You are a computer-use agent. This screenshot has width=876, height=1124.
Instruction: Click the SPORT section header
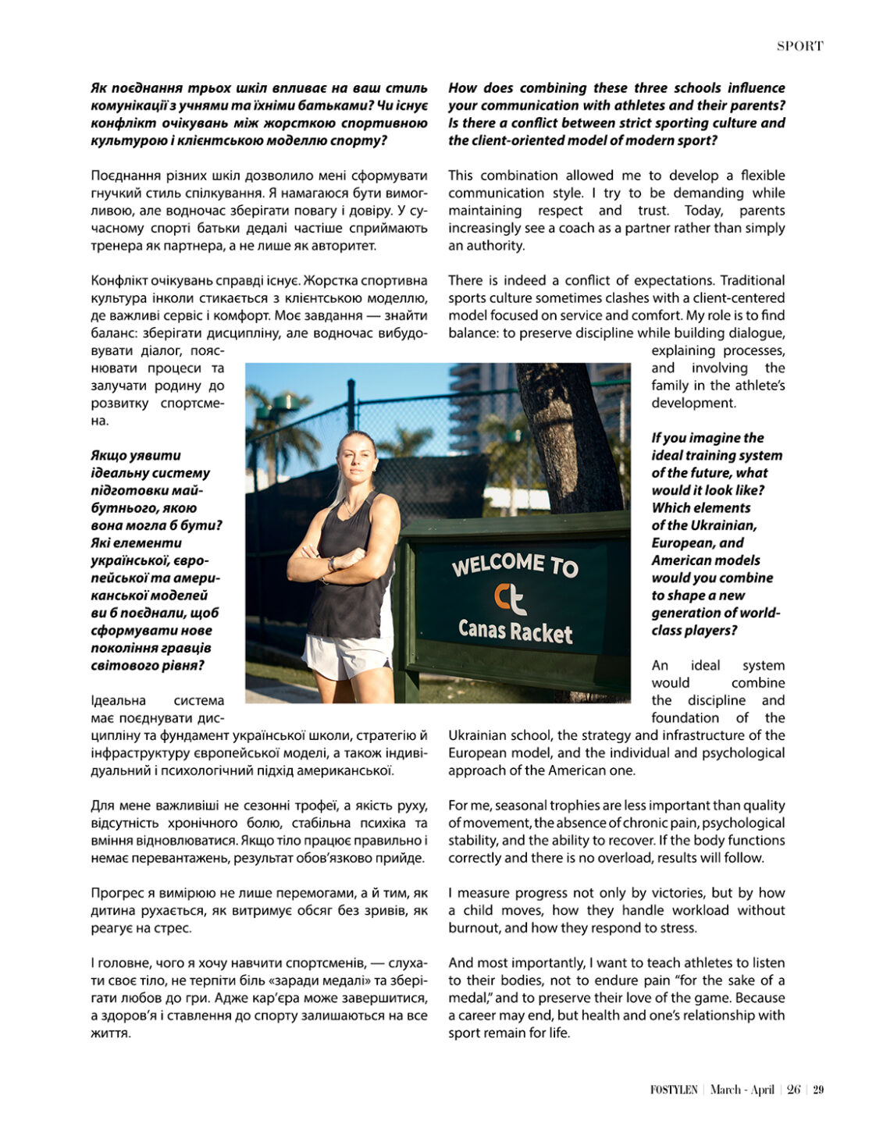(799, 46)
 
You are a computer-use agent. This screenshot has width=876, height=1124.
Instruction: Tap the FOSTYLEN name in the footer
(674, 1090)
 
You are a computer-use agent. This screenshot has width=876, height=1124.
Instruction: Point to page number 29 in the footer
(818, 1090)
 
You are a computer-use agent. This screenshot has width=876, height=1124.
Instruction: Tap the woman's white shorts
(347, 654)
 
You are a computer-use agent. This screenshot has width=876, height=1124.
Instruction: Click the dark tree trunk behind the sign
(574, 437)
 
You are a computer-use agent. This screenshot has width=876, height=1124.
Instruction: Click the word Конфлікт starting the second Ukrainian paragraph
(116, 280)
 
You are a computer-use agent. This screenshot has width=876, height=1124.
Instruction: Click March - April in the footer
(742, 1090)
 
